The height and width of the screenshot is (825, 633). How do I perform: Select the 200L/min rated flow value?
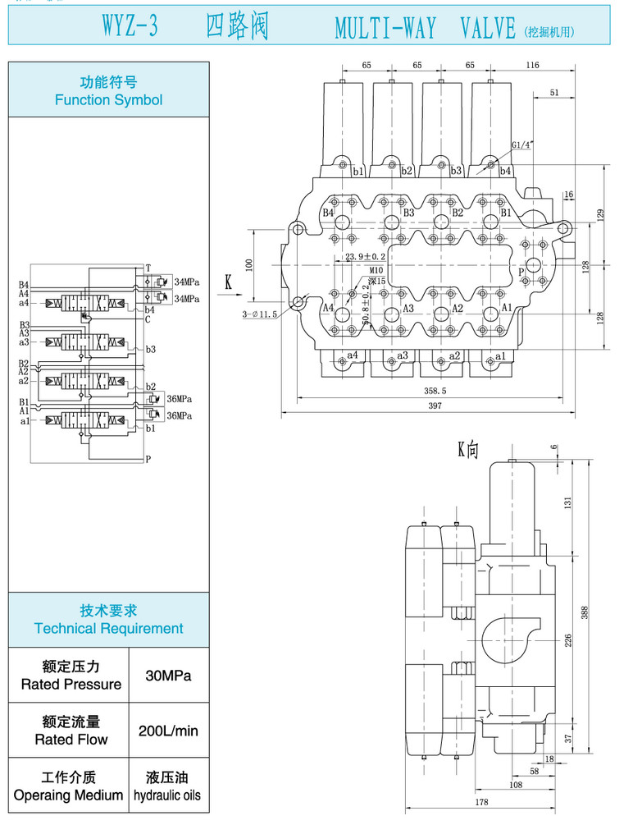(169, 731)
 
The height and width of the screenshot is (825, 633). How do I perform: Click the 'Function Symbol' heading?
(108, 91)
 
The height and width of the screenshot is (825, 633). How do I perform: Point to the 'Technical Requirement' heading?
(108, 620)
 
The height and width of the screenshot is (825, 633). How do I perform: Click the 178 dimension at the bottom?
(481, 802)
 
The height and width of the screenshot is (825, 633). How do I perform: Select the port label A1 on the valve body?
(507, 308)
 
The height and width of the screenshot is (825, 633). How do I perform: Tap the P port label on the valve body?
(521, 270)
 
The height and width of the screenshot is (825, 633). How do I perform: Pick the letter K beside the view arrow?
(229, 282)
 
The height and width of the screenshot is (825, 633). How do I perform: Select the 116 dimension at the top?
(533, 65)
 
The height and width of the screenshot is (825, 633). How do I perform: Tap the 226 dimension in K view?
(567, 640)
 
